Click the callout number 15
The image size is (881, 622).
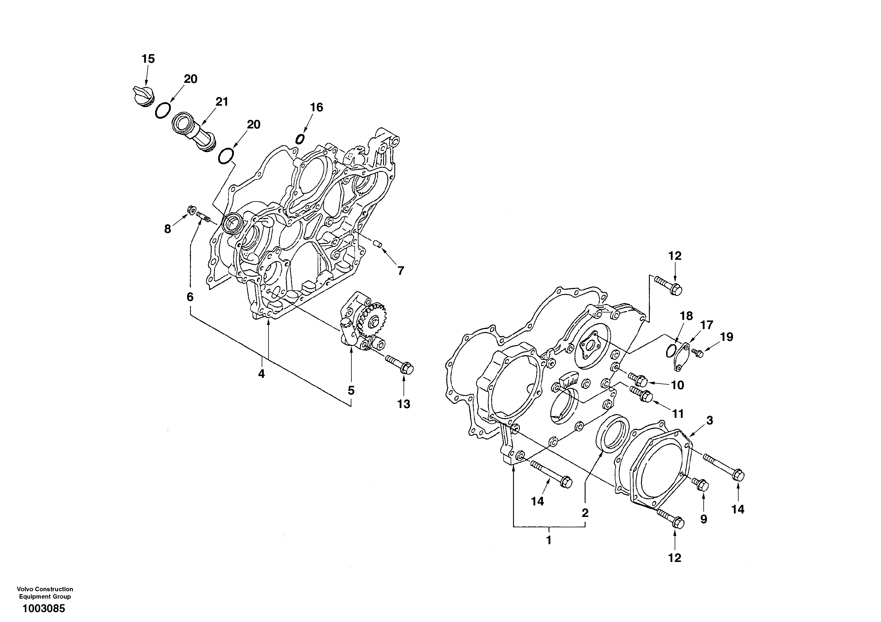click(x=148, y=59)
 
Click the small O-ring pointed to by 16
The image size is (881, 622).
click(x=300, y=138)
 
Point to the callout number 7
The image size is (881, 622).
click(x=401, y=271)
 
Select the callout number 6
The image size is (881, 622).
click(x=190, y=297)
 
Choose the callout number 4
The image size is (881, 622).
click(x=261, y=373)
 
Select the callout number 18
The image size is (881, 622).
click(x=686, y=316)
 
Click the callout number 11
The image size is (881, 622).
click(x=678, y=414)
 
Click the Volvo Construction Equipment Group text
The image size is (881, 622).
click(x=45, y=592)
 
